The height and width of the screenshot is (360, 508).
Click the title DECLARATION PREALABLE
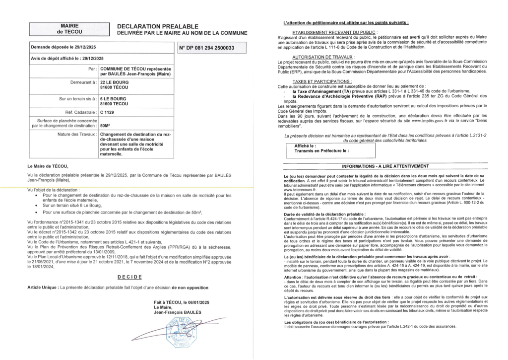[157, 26]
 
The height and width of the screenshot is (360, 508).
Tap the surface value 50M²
[105, 126]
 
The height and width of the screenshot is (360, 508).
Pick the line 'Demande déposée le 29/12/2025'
[63, 47]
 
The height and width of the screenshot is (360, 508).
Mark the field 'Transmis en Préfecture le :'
[321, 149]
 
